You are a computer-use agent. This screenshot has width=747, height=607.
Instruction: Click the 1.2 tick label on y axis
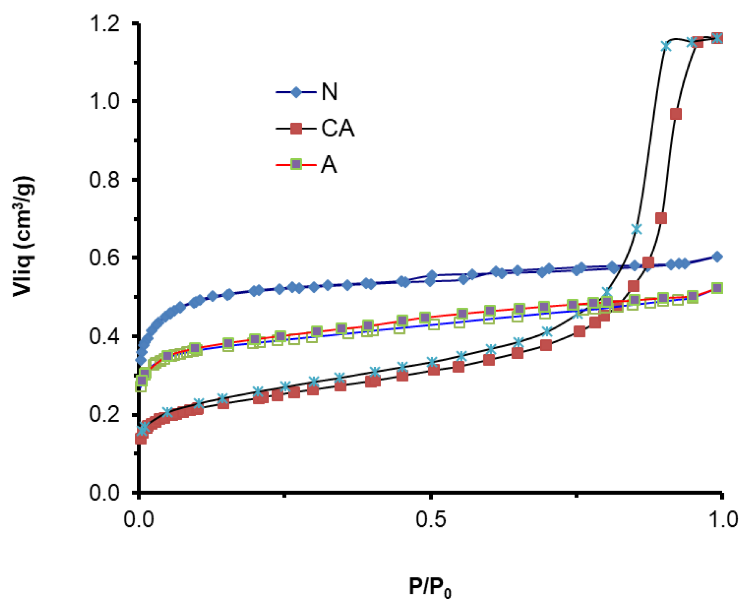pos(105,23)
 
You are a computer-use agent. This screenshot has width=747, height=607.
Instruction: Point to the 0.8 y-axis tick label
pos(105,180)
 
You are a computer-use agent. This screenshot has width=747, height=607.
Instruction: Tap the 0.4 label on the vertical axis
pos(105,336)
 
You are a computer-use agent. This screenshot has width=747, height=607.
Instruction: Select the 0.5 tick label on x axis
pos(431,520)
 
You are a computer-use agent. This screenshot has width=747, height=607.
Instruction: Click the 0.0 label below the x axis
pos(139,520)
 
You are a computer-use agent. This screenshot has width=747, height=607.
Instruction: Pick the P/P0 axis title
pos(430,587)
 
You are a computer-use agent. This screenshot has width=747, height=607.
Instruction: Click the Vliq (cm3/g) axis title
pos(23,237)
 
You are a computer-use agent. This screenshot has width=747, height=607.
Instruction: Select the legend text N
pos(329,92)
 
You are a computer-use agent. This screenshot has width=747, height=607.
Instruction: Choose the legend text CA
pos(338,128)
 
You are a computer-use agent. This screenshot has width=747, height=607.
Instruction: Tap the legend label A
pos(329,165)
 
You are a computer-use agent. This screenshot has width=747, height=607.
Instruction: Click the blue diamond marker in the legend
pos(296,92)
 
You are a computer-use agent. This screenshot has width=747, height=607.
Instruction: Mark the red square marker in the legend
pos(296,129)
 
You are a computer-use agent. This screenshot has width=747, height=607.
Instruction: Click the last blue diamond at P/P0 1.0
pos(717,257)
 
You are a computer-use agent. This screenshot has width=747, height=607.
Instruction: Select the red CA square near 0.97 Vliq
pos(675,114)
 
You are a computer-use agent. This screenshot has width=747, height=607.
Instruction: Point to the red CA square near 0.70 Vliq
pos(661,218)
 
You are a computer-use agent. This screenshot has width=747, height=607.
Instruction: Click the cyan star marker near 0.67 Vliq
pos(636,229)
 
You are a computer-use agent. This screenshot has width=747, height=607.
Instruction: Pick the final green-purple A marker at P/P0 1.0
pos(717,288)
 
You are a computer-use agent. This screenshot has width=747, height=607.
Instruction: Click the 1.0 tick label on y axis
pos(105,101)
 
